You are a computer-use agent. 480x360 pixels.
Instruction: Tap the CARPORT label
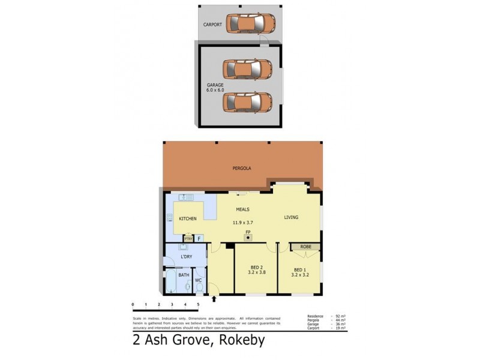pyautogui.click(x=212, y=25)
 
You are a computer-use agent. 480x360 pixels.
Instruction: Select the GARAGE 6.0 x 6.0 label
pyautogui.click(x=215, y=88)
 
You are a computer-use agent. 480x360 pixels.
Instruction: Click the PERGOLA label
pyautogui.click(x=242, y=169)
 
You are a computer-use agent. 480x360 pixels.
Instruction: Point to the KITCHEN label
pyautogui.click(x=188, y=218)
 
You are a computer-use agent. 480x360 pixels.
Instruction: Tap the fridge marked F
pyautogui.click(x=199, y=238)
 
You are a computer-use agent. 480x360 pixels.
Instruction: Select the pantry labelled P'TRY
pyautogui.click(x=188, y=238)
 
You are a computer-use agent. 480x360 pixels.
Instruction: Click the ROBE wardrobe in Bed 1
pyautogui.click(x=305, y=246)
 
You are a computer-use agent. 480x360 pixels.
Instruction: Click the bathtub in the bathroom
pyautogui.click(x=170, y=283)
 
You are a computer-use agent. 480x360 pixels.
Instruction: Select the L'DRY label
pyautogui.click(x=187, y=257)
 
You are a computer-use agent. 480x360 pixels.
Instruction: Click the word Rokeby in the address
pyautogui.click(x=237, y=341)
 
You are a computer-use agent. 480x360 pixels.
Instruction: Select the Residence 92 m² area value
pyautogui.click(x=341, y=316)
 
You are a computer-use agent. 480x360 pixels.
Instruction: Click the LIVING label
pyautogui.click(x=291, y=217)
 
